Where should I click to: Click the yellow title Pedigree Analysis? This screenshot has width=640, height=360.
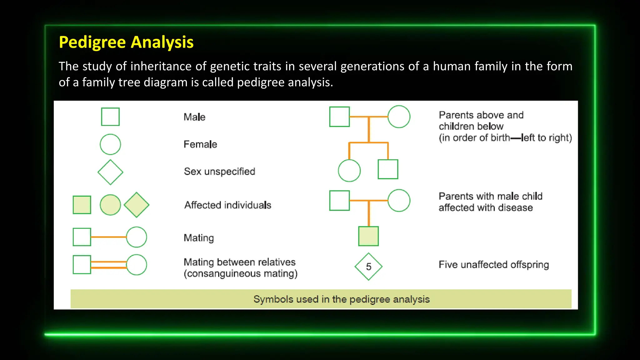(x=126, y=42)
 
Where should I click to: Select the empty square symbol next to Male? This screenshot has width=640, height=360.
(x=110, y=117)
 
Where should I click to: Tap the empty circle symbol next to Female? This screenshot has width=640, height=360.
(x=110, y=144)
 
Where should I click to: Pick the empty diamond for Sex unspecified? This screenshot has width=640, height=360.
(x=110, y=172)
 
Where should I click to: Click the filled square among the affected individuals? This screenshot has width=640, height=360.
(x=82, y=205)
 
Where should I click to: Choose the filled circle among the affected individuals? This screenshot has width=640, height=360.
(x=110, y=205)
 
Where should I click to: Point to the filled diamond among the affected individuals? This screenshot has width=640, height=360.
(x=137, y=205)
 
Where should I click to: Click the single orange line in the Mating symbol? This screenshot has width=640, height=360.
(x=108, y=237)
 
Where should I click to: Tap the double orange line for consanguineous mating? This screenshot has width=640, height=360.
(x=108, y=265)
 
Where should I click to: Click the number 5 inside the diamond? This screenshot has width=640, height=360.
(x=369, y=267)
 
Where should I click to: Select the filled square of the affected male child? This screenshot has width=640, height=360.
(x=368, y=236)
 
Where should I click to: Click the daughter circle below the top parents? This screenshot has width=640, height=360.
(x=349, y=171)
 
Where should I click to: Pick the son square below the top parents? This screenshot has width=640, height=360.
(x=388, y=169)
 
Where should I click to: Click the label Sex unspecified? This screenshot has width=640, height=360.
(x=219, y=172)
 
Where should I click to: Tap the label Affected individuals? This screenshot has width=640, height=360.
(x=227, y=205)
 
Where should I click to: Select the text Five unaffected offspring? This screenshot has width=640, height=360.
(x=493, y=265)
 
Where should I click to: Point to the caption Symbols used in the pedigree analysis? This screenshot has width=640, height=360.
(x=341, y=299)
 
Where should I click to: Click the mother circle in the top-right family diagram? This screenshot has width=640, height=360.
(x=399, y=117)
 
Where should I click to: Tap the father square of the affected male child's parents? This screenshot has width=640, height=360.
(x=339, y=201)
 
